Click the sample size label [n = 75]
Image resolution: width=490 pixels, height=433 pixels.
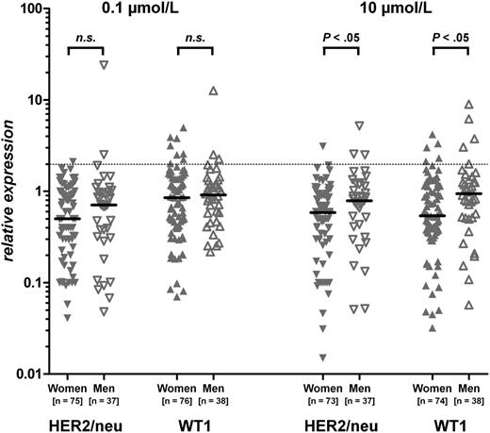(x=68, y=401)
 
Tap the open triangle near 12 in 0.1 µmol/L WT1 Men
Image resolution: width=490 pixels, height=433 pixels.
(x=214, y=92)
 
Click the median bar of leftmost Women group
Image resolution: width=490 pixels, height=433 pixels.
(x=67, y=219)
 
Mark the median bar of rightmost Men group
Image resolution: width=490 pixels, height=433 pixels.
(x=468, y=193)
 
